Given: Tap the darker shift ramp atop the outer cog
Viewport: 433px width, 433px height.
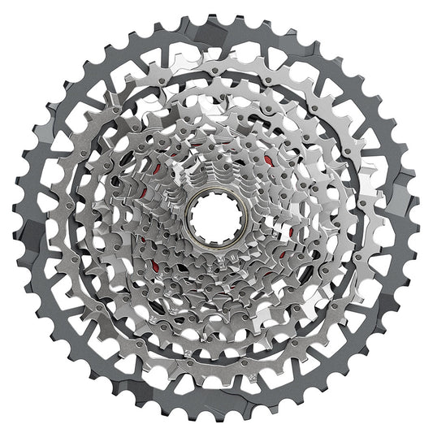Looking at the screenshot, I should click(216, 32).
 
